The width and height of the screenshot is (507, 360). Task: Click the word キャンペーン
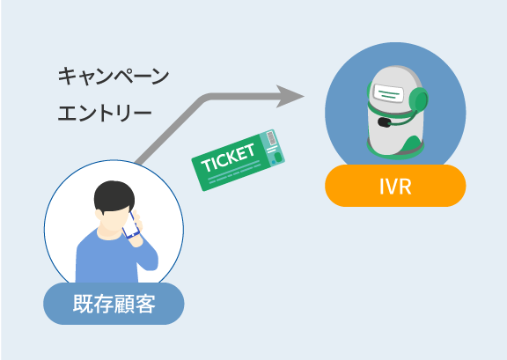(114, 76)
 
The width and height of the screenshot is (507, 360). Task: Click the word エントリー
(105, 113)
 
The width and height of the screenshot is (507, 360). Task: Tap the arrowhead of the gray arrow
(290, 96)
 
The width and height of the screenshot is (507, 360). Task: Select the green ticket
(238, 160)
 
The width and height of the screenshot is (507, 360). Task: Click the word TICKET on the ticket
(228, 158)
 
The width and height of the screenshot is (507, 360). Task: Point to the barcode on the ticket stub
(272, 139)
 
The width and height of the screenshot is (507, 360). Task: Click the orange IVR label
(395, 186)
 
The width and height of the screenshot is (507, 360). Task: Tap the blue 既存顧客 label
(114, 304)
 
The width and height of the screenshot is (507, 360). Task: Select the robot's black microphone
(384, 122)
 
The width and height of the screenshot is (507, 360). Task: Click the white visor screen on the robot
(389, 93)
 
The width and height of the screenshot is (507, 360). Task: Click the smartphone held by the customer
(131, 225)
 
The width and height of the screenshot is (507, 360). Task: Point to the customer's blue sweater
(114, 258)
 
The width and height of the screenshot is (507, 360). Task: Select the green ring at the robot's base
(395, 152)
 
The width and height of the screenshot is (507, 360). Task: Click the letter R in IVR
(405, 186)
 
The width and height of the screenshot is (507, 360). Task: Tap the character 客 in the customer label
(145, 304)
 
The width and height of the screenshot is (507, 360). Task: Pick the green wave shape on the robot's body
(411, 144)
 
